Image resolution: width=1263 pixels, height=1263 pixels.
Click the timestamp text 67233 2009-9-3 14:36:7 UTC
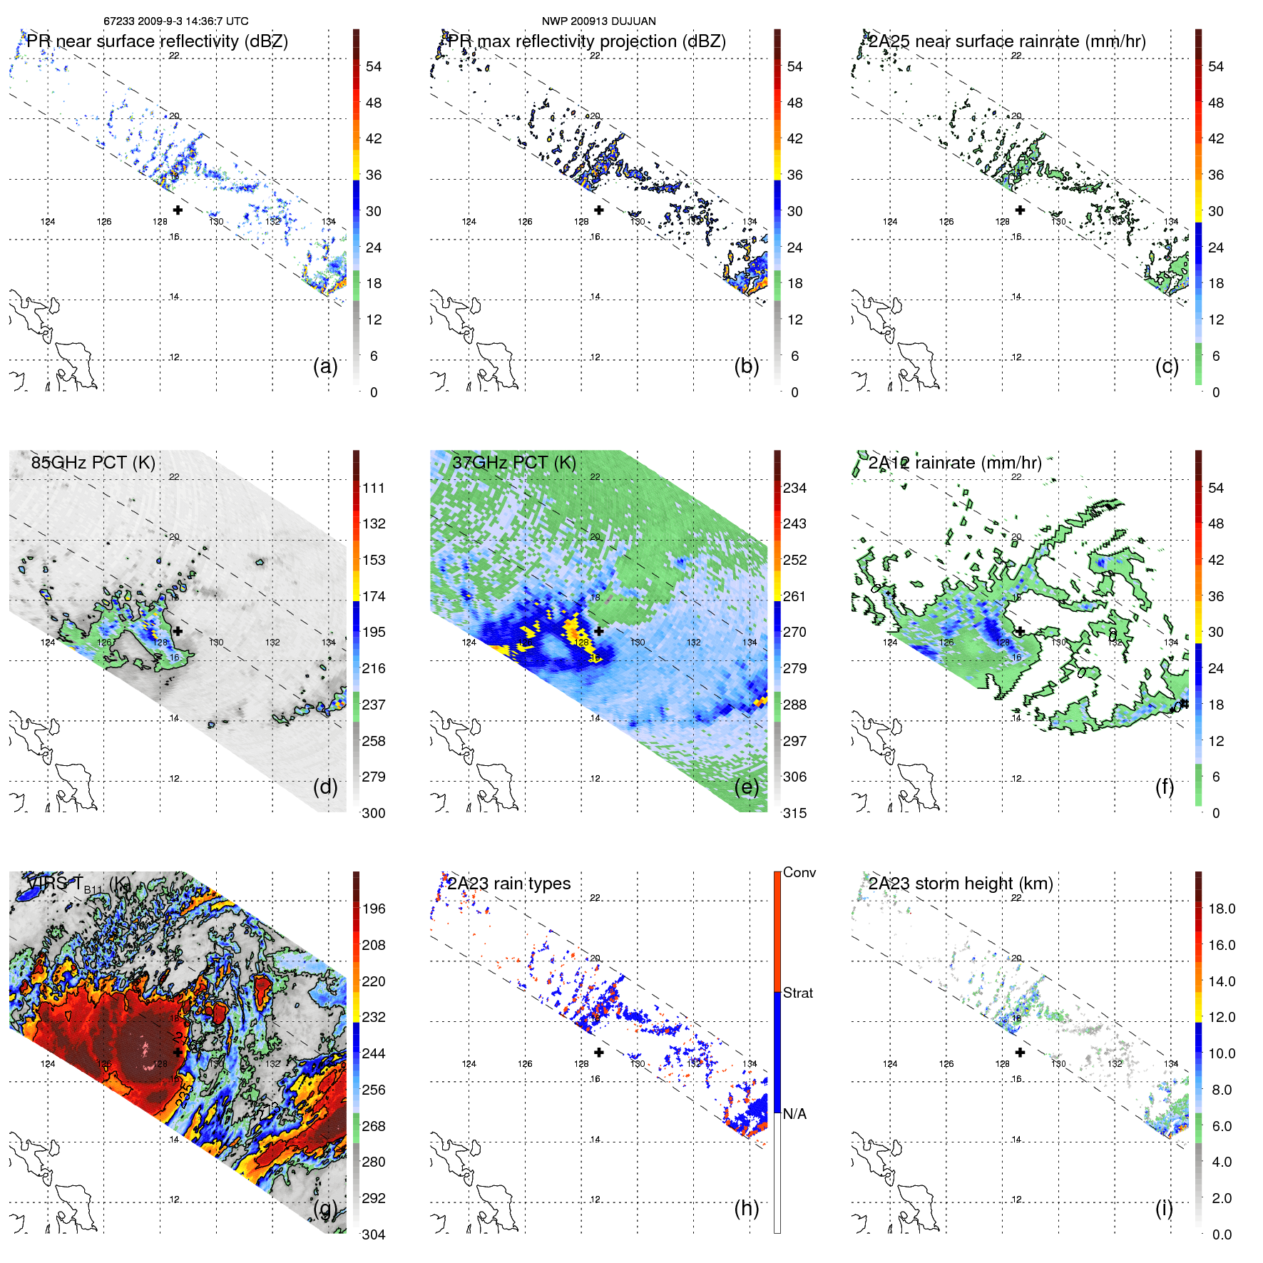point(175,21)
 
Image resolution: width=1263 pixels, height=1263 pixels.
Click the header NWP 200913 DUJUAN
point(598,21)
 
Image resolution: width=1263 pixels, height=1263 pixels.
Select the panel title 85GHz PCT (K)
point(93,462)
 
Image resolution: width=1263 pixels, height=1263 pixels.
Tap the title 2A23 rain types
point(508,884)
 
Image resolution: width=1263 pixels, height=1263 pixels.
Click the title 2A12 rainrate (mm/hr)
point(955,462)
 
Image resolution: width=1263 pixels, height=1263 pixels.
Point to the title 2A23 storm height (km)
point(961,884)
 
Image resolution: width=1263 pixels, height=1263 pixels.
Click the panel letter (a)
point(325,366)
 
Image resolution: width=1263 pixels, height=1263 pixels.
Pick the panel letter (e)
point(746,787)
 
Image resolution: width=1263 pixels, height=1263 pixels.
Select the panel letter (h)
point(746,1208)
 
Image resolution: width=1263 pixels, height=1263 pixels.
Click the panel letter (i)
point(1164,1208)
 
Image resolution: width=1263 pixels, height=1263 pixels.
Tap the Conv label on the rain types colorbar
point(799,872)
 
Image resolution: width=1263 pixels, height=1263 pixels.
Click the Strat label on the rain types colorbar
point(798,993)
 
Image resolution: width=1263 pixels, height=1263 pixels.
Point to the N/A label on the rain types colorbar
point(794,1114)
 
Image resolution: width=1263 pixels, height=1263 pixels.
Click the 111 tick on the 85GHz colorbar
point(374,488)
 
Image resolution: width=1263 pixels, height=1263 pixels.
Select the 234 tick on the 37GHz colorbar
point(794,488)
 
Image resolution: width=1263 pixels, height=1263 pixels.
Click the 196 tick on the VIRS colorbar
point(374,909)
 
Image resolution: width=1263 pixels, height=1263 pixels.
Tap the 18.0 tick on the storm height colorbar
point(1222,909)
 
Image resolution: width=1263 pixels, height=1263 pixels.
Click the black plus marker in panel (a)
point(178,210)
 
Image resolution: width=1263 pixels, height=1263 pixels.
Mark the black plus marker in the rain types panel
point(599,1052)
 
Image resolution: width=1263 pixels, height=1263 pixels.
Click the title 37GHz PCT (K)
point(513,462)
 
